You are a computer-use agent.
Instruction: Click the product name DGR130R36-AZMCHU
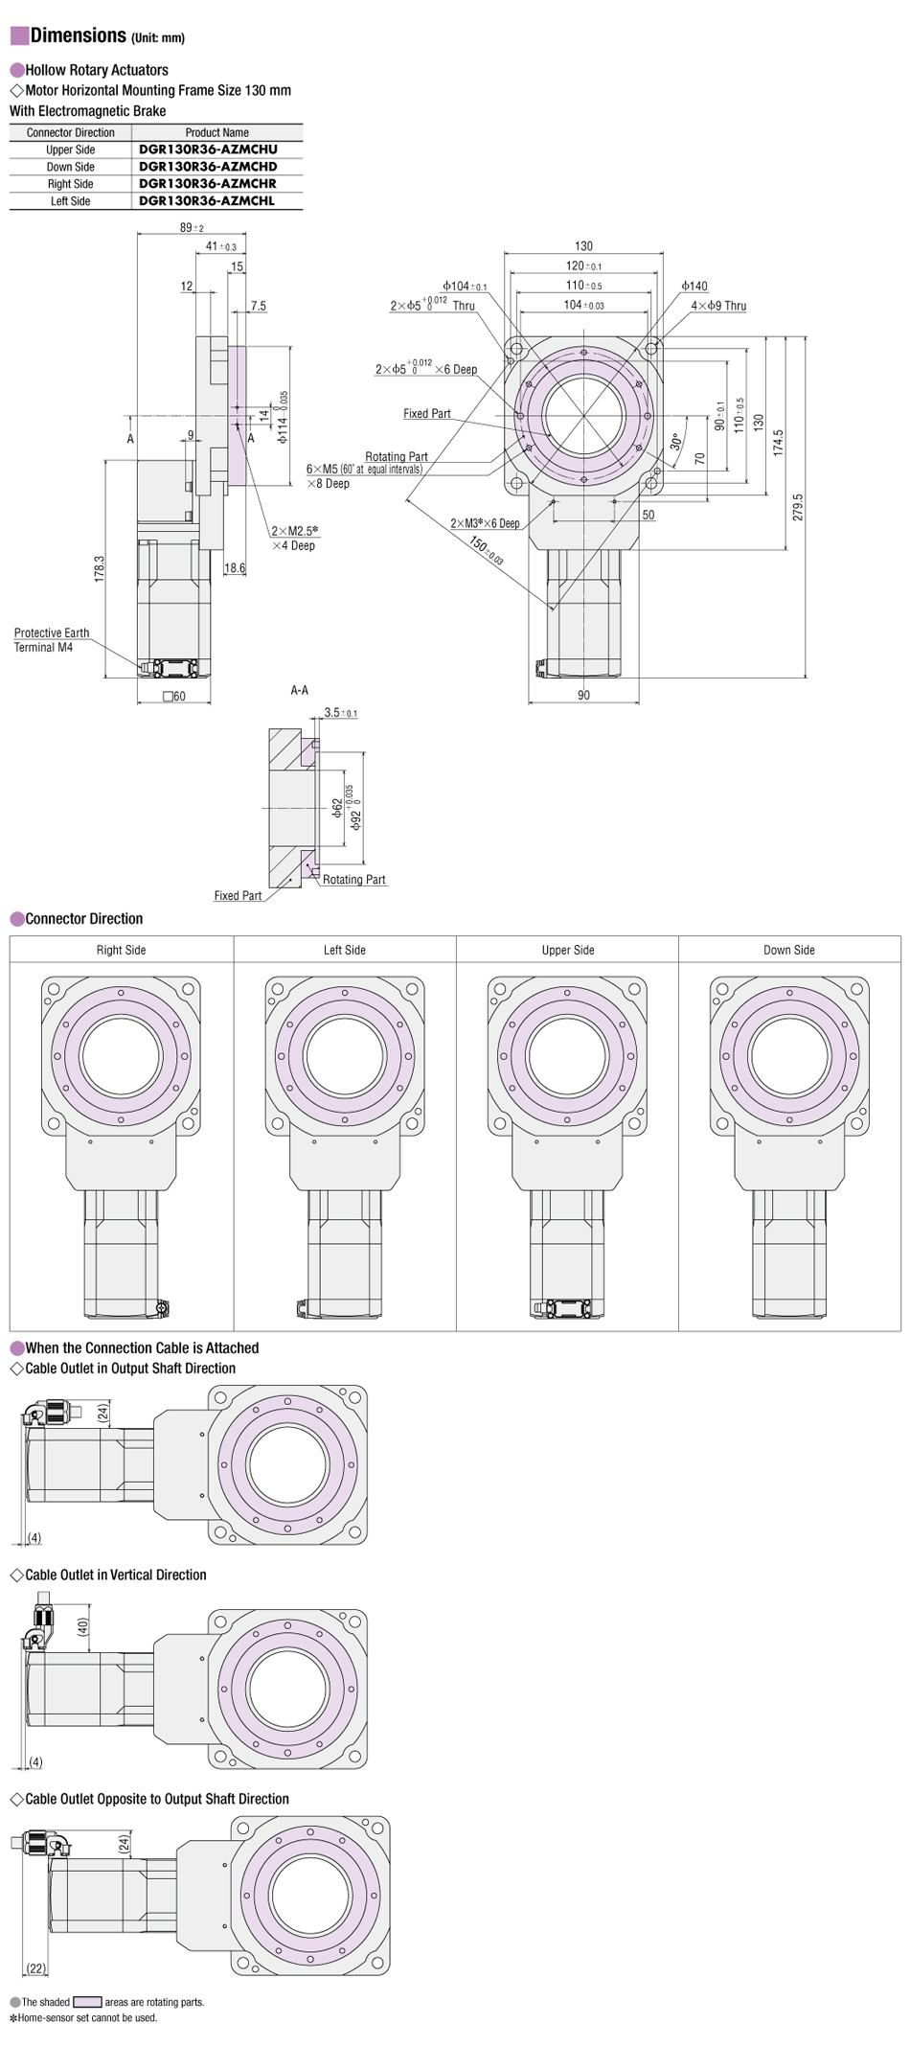(208, 149)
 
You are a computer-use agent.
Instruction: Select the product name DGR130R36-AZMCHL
(207, 201)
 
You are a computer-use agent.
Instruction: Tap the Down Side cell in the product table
(71, 167)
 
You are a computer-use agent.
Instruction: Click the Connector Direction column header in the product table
(71, 132)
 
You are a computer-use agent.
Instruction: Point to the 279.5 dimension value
(798, 508)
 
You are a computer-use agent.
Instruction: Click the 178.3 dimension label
(100, 568)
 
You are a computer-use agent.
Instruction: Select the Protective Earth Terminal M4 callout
(52, 640)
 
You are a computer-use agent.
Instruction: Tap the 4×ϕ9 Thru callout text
(718, 306)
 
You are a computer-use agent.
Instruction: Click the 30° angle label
(676, 442)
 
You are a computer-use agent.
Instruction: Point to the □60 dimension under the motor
(174, 697)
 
